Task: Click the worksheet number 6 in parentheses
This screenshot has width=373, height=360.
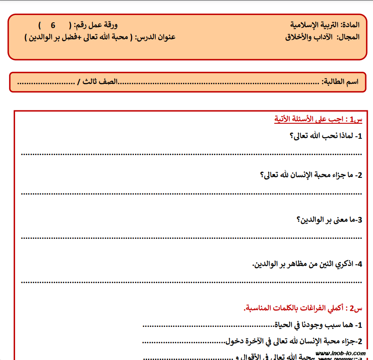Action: [x=53, y=25]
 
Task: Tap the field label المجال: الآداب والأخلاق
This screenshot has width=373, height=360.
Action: [x=322, y=37]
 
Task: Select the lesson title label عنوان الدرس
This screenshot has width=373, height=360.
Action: [x=155, y=37]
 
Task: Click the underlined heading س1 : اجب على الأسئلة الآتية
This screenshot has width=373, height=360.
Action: [x=318, y=119]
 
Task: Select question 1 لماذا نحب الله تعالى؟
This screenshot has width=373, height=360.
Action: [x=326, y=136]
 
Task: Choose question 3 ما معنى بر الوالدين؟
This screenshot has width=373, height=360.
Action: [x=330, y=220]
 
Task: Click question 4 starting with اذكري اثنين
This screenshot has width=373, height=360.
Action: [x=307, y=264]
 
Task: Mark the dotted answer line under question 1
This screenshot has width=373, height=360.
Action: [x=191, y=153]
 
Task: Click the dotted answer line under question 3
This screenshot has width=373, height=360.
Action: [x=191, y=237]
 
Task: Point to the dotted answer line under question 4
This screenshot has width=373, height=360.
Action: [x=191, y=282]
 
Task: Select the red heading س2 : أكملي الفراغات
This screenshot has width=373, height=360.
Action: [x=303, y=308]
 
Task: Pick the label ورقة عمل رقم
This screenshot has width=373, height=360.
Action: [x=97, y=25]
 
